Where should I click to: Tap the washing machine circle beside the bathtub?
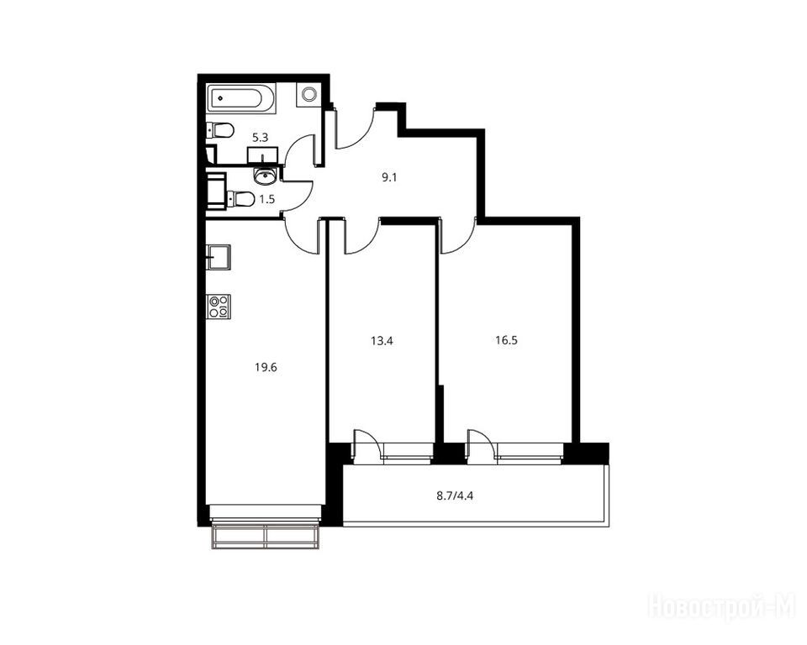309,94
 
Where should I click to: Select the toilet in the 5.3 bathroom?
219,130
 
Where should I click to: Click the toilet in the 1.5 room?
240,198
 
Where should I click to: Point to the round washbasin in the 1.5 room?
266,176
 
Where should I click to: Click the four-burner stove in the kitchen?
219,307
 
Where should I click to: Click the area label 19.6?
266,367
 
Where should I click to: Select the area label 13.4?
382,340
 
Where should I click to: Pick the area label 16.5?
506,340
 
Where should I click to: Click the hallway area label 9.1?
389,178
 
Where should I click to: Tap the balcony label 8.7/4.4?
455,496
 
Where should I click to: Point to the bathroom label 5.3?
260,138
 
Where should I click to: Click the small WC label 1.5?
267,200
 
